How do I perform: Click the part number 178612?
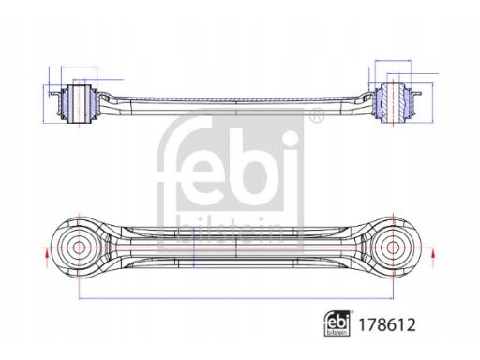(x=387, y=325)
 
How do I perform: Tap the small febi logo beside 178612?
(x=337, y=323)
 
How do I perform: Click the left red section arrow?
(x=47, y=258)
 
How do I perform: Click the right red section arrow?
(x=433, y=258)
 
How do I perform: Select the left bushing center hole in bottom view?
(x=78, y=247)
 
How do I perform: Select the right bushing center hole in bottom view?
(x=393, y=247)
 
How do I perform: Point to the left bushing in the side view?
(x=79, y=103)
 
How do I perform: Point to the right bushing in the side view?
(x=394, y=103)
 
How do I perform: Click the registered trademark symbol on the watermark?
(x=318, y=114)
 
